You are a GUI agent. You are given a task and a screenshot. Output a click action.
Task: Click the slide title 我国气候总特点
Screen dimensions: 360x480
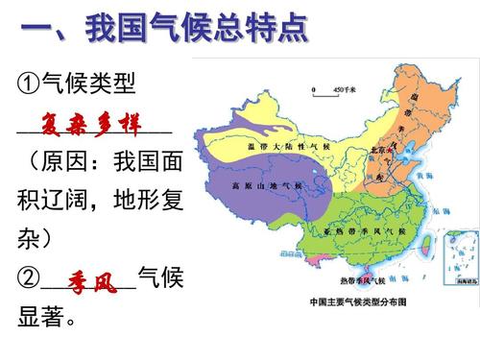point(197,28)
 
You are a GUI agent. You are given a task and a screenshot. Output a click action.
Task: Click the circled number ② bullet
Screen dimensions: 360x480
point(29,280)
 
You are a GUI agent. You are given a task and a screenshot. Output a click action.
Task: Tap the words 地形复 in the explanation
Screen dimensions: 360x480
point(148,202)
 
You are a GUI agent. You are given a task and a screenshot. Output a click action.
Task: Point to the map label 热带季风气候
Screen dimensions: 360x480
point(361,280)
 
